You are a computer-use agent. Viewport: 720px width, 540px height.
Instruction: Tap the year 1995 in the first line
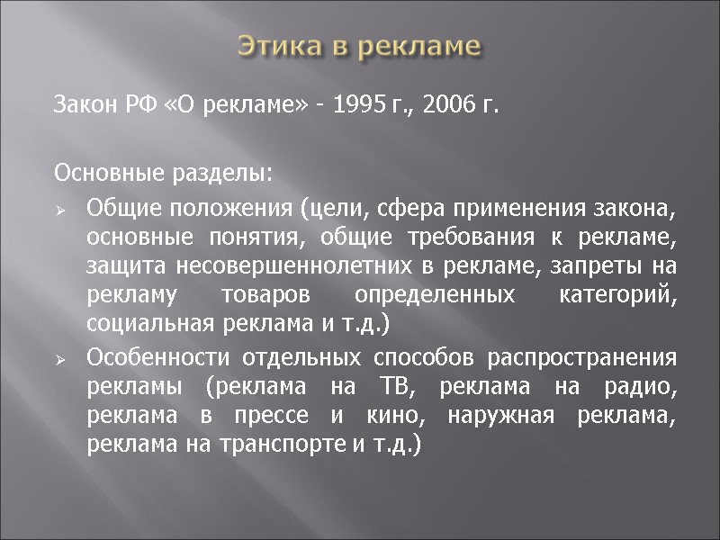(x=359, y=107)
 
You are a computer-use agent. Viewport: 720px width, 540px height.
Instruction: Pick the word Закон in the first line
(x=84, y=107)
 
